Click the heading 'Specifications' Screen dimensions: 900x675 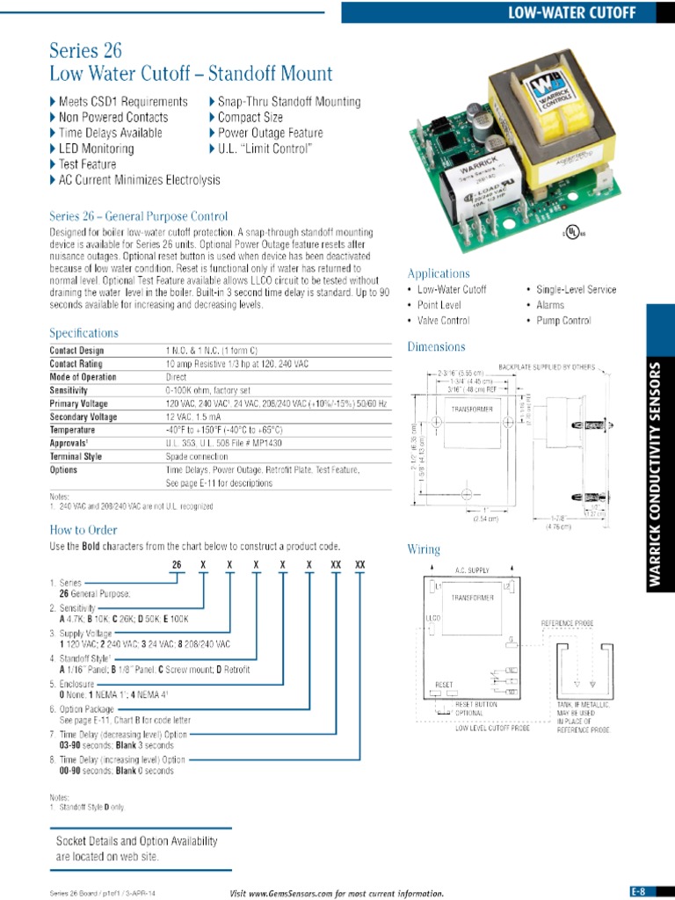coord(83,333)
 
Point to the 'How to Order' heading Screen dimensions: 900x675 coord(83,530)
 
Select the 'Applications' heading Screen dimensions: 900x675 coord(439,273)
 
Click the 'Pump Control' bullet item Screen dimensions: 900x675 coord(563,321)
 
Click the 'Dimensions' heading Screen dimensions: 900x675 coord(436,347)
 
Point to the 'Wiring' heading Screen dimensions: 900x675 coord(423,549)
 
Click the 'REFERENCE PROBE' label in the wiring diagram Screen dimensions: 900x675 coord(567,622)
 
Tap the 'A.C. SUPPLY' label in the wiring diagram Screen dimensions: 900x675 coord(471,570)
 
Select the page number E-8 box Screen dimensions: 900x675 coord(638,890)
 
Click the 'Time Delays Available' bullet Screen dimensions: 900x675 coord(110,133)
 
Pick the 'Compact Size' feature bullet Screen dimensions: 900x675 coord(250,117)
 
